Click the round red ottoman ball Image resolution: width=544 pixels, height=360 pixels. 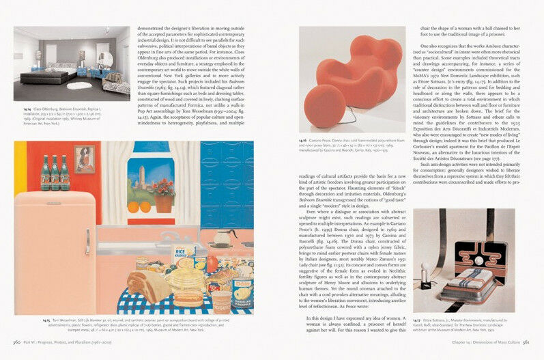click(324, 106)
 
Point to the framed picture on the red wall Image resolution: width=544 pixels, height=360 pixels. click(85, 159)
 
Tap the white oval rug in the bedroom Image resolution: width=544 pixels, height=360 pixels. click(84, 85)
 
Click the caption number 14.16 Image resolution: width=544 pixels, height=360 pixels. click(302, 140)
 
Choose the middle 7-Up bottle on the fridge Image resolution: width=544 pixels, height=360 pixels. click(55, 174)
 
